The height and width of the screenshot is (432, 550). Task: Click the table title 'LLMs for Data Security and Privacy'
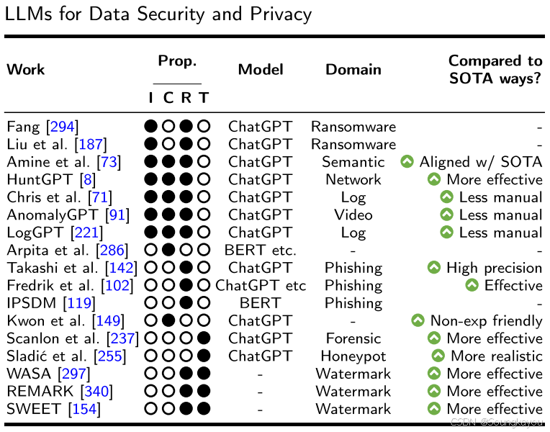(x=158, y=14)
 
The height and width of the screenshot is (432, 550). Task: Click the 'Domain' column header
(x=353, y=70)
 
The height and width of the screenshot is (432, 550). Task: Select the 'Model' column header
(x=261, y=70)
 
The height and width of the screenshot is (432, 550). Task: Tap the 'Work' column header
(x=26, y=70)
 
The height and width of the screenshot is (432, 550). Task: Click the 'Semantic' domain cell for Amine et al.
(x=353, y=162)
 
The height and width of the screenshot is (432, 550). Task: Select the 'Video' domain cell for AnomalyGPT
(x=353, y=215)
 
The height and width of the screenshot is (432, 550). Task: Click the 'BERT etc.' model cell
(x=261, y=251)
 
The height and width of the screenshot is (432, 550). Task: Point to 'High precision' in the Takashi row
(x=494, y=268)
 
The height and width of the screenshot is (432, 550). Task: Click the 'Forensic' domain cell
(x=353, y=338)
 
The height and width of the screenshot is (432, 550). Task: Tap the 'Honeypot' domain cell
(x=353, y=356)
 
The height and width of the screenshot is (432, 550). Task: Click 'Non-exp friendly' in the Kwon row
(x=486, y=321)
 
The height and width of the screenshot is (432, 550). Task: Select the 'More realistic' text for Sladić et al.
(x=496, y=356)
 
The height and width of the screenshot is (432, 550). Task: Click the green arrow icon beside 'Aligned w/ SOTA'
(x=407, y=163)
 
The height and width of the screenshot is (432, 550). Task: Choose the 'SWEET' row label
(x=33, y=410)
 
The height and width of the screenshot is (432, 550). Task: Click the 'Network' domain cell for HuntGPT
(x=353, y=180)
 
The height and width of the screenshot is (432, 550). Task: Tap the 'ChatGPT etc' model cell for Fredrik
(x=261, y=286)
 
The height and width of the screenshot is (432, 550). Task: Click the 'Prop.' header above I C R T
(x=177, y=62)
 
